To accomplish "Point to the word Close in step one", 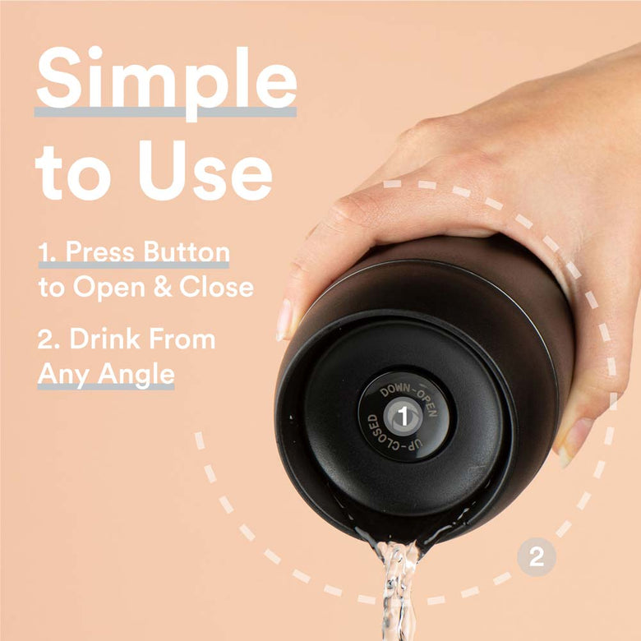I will click(x=220, y=287).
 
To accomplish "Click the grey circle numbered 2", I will click(x=536, y=558).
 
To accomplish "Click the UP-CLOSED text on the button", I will click(x=386, y=436).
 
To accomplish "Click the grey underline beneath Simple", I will click(x=165, y=111).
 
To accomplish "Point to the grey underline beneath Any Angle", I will click(x=106, y=386).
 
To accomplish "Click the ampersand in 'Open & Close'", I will click(x=168, y=287).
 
